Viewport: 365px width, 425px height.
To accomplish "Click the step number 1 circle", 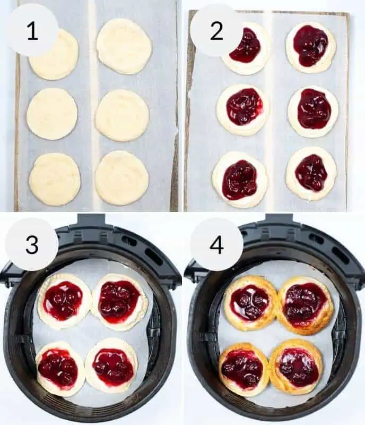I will click(32, 30).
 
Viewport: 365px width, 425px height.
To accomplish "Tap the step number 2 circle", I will click(216, 30).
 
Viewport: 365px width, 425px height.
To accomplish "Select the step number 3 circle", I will click(32, 244).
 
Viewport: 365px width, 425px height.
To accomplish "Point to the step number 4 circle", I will click(216, 244).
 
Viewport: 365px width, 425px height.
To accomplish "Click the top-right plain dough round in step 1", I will click(124, 46).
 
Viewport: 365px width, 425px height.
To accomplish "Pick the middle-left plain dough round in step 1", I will click(52, 114).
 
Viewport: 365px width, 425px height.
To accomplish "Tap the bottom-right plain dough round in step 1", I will click(121, 178).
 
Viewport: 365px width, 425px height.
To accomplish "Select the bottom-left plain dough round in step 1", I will click(55, 180).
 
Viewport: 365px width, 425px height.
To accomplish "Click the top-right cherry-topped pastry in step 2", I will click(311, 47).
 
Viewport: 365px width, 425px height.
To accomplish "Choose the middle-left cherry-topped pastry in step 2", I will click(243, 109).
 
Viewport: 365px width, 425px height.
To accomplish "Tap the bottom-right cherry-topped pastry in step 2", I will click(311, 174).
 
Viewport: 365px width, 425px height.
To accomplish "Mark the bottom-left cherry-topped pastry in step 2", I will click(240, 180).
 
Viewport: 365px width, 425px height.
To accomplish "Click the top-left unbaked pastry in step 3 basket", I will click(64, 301).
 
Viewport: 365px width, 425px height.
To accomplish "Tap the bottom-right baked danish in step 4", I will click(296, 366).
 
